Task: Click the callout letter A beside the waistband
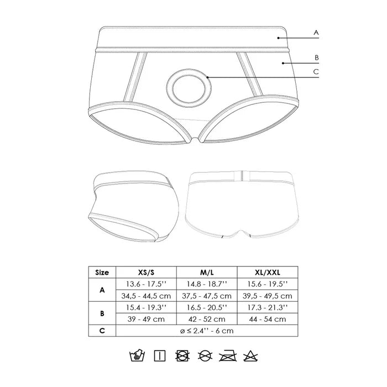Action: pos(316,33)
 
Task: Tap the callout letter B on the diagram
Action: pos(317,57)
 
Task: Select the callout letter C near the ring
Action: pos(316,72)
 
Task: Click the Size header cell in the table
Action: pos(102,273)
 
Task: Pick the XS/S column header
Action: pos(146,273)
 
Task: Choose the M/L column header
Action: pos(207,273)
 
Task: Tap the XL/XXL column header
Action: pos(268,273)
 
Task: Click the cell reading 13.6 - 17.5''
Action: pos(146,284)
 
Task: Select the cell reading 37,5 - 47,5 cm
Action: pos(207,296)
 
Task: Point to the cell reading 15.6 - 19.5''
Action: pos(268,284)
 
